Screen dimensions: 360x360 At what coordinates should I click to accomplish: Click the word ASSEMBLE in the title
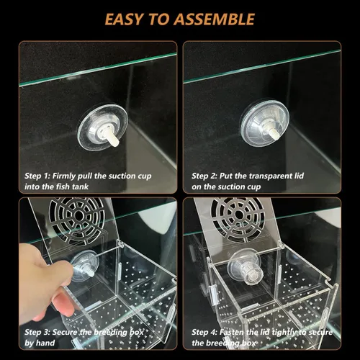point(215,19)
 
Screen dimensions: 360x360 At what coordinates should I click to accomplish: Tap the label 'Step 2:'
point(207,175)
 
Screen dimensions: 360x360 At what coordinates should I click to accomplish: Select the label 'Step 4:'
point(207,332)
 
